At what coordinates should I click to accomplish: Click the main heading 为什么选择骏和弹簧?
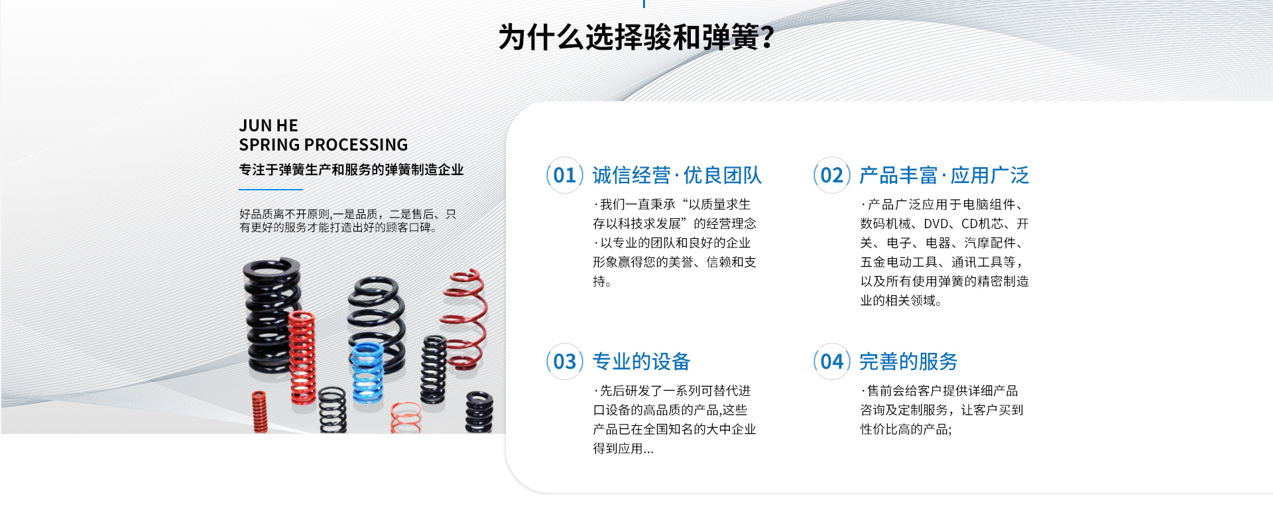pyautogui.click(x=636, y=37)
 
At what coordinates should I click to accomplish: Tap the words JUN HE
pyautogui.click(x=269, y=125)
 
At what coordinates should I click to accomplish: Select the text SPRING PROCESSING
pyautogui.click(x=324, y=145)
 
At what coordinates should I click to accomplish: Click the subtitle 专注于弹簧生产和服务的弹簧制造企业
pyautogui.click(x=351, y=170)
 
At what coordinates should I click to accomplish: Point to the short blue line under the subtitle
pyautogui.click(x=271, y=190)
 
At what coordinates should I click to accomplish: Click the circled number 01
pyautogui.click(x=565, y=175)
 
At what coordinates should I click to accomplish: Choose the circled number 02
pyautogui.click(x=832, y=175)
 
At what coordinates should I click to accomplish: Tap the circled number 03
pyautogui.click(x=565, y=361)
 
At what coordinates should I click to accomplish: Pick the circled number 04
pyautogui.click(x=832, y=361)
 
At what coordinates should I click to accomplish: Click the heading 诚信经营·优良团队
pyautogui.click(x=677, y=175)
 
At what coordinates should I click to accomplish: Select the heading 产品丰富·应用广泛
pyautogui.click(x=944, y=175)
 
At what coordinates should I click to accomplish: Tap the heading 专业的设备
pyautogui.click(x=641, y=361)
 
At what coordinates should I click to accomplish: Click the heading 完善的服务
pyautogui.click(x=908, y=361)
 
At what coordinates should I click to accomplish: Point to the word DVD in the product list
pyautogui.click(x=936, y=224)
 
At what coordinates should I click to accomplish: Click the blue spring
pyautogui.click(x=367, y=373)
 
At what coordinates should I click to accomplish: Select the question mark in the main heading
pyautogui.click(x=768, y=37)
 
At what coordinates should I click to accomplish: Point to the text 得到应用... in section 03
pyautogui.click(x=623, y=449)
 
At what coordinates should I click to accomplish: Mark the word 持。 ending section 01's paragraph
pyautogui.click(x=602, y=281)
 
